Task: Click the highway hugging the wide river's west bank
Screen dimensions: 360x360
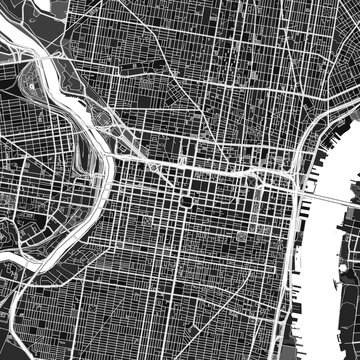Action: (294, 240)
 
